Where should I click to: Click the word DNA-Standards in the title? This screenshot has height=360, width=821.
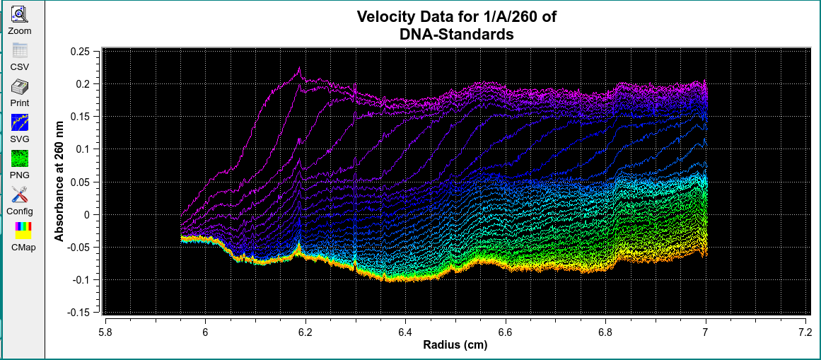coord(456,33)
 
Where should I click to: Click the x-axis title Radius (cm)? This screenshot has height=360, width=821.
coord(455,346)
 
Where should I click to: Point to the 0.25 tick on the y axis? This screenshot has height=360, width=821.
coord(79,51)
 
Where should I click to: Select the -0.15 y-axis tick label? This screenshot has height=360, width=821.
coord(77,312)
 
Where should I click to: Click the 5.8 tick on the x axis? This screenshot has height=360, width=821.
coord(105,331)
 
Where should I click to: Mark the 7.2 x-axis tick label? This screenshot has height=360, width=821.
coord(805,331)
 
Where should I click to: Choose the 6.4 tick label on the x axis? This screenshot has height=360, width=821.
coord(405,331)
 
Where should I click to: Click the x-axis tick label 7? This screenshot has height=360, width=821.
coord(706,331)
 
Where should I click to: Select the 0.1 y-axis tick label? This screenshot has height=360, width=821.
coord(82,149)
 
